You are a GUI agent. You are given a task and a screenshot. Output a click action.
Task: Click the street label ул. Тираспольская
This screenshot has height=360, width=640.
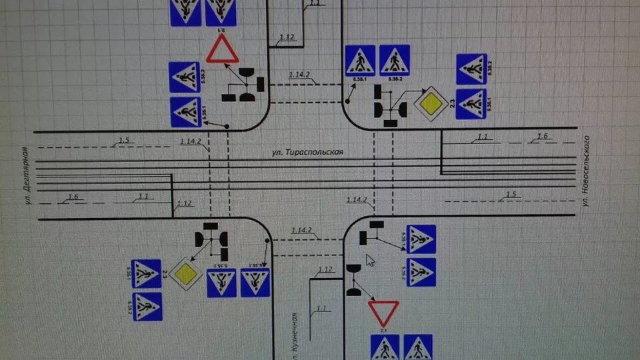(x=307, y=152)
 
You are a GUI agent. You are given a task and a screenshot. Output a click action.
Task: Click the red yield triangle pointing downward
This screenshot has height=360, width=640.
(x=383, y=311)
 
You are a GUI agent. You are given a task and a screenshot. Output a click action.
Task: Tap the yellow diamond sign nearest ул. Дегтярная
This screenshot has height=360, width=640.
(x=186, y=272)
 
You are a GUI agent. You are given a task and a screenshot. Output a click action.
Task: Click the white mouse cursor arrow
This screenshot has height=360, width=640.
(x=370, y=260)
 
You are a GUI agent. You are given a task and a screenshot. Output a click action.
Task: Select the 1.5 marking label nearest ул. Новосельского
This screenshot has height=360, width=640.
(x=511, y=195)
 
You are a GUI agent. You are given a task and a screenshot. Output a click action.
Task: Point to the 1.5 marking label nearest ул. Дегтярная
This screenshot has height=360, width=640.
(x=123, y=140)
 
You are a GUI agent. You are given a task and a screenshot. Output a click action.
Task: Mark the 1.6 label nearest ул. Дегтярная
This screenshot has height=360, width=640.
(x=73, y=196)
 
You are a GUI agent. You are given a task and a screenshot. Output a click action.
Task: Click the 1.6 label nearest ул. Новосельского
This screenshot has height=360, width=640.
(x=541, y=136)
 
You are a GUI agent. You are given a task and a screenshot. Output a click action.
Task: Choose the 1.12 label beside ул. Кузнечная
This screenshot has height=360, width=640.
(x=325, y=269)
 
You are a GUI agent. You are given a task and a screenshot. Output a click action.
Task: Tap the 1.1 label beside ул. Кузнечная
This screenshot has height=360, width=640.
(x=321, y=307)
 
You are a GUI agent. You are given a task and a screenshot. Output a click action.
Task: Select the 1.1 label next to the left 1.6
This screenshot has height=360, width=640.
(x=144, y=196)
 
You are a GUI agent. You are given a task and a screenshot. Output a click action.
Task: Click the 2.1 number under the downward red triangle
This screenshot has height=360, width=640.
(x=383, y=329)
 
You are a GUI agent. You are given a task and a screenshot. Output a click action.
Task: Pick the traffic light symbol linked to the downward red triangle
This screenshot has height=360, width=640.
(x=353, y=280)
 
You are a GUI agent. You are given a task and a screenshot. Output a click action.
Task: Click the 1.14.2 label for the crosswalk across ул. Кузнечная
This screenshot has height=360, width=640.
(x=302, y=230)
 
